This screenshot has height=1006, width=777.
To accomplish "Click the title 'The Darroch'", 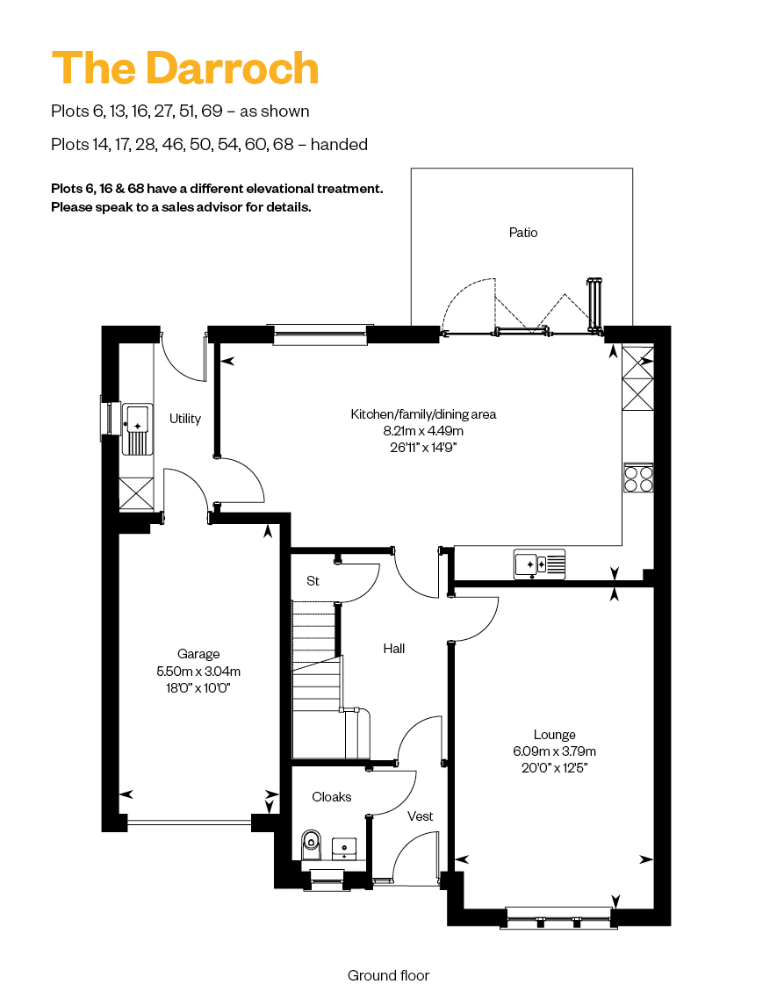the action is pyautogui.click(x=184, y=68).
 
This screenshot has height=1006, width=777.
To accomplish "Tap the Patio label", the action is pyautogui.click(x=523, y=233).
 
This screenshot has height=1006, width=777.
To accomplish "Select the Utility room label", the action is pyautogui.click(x=184, y=419).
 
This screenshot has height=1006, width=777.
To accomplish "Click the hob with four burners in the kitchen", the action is pyautogui.click(x=638, y=478).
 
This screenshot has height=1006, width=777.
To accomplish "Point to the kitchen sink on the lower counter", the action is pyautogui.click(x=540, y=564).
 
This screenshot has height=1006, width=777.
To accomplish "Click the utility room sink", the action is pyautogui.click(x=137, y=429).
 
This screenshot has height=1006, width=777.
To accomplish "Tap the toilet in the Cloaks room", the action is pyautogui.click(x=311, y=844).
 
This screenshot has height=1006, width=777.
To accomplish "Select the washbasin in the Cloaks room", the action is pyautogui.click(x=344, y=847).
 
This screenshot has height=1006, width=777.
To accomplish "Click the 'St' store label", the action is pyautogui.click(x=313, y=580).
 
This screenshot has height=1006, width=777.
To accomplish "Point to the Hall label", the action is pyautogui.click(x=394, y=649).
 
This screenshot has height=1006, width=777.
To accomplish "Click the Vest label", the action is pyautogui.click(x=421, y=816).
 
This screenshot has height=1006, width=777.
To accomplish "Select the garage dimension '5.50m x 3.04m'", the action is pyautogui.click(x=198, y=671).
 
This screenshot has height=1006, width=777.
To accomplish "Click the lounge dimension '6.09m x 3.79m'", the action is pyautogui.click(x=554, y=751).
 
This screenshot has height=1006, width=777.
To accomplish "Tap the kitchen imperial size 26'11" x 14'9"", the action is pyautogui.click(x=423, y=447).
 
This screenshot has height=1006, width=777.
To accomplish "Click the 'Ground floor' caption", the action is pyautogui.click(x=388, y=975).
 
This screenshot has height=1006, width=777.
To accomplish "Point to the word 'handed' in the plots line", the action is pyautogui.click(x=339, y=144).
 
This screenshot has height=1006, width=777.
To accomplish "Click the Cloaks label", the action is pyautogui.click(x=332, y=797).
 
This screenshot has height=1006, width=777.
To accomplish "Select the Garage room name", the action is pyautogui.click(x=198, y=654).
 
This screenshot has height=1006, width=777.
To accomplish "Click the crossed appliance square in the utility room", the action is pyautogui.click(x=137, y=494).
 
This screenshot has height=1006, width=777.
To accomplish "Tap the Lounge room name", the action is pyautogui.click(x=554, y=735).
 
